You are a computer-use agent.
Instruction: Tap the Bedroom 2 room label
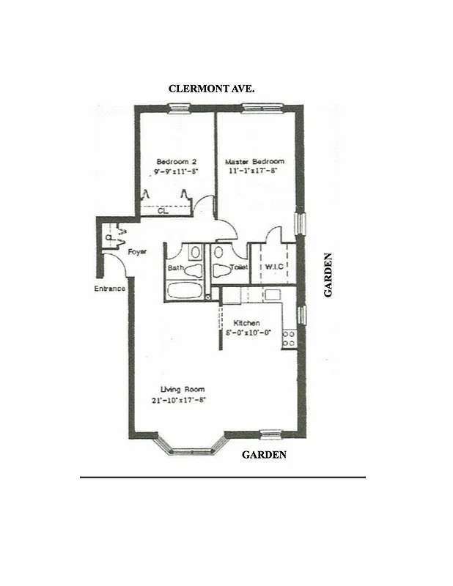pos(176,162)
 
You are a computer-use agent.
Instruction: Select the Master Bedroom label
pos(254,162)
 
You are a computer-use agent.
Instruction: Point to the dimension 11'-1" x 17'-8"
pos(254,171)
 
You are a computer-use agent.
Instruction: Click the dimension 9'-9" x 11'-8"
pos(176,171)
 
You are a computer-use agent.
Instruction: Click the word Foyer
pos(137,251)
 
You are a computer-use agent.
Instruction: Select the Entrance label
pos(109,289)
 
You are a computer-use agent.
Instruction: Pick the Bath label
pos(175,268)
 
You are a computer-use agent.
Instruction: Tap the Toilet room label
pos(239,268)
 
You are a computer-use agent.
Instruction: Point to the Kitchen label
pos(246,323)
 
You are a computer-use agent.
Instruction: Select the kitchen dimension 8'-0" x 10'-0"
pos(248,333)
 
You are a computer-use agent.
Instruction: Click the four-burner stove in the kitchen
pos(289,338)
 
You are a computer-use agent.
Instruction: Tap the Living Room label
pos(183,389)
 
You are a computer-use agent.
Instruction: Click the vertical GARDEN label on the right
pos(328,275)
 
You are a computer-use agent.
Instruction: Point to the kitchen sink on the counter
pos(273,294)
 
